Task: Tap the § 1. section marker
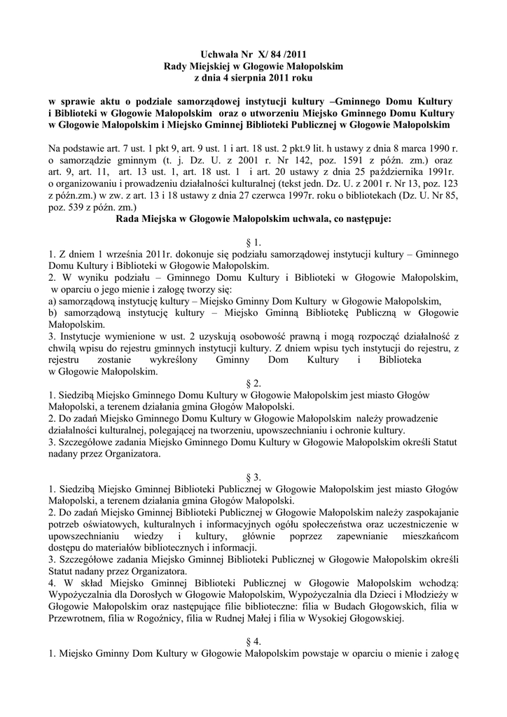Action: pyautogui.click(x=254, y=242)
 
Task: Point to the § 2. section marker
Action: pyautogui.click(x=254, y=383)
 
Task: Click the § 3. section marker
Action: pyautogui.click(x=254, y=478)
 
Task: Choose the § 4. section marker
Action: pyautogui.click(x=254, y=642)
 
